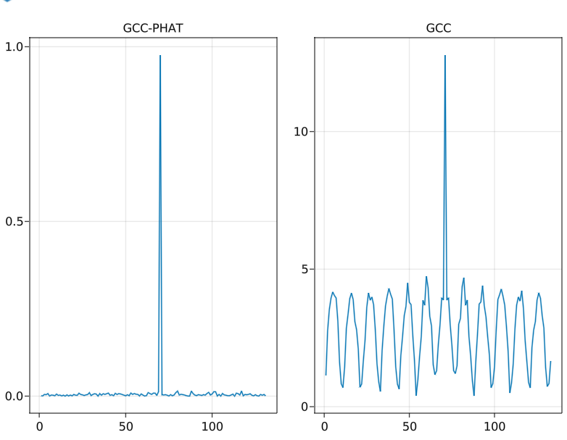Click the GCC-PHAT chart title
(x=152, y=28)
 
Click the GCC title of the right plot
(x=438, y=28)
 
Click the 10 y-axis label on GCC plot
(x=301, y=131)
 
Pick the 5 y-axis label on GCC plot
(x=305, y=269)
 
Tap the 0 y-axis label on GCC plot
(x=305, y=406)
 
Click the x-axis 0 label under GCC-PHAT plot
(x=39, y=426)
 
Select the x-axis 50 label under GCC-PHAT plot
(x=125, y=426)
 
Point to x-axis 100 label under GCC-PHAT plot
(x=212, y=426)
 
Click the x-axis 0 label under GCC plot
(x=324, y=426)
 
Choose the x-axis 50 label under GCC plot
(x=409, y=426)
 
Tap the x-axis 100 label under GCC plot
(x=494, y=426)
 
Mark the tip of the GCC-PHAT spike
(x=160, y=56)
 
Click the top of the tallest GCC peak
(x=445, y=56)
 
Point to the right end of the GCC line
(x=550, y=361)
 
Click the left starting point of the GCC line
(x=326, y=375)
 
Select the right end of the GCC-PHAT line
(x=265, y=395)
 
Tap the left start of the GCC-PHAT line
(x=41, y=395)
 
